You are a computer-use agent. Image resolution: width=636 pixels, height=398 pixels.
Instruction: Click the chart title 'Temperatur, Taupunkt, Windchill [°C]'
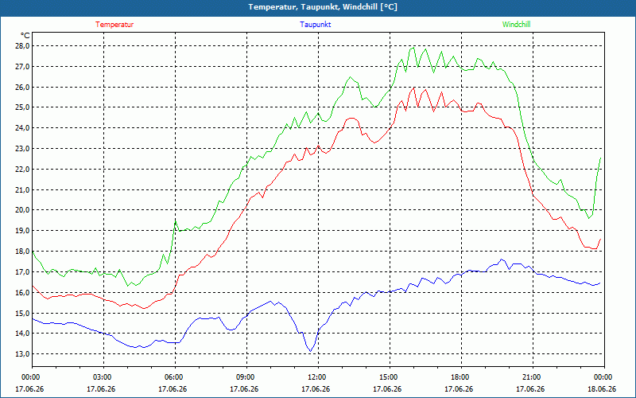pyautogui.click(x=323, y=7)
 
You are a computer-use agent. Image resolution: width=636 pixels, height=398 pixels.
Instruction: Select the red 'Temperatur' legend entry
pyautogui.click(x=114, y=25)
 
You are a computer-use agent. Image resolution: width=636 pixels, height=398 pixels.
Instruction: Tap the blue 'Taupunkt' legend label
pyautogui.click(x=315, y=25)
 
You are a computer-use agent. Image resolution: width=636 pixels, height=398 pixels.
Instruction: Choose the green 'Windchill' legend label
pyautogui.click(x=516, y=25)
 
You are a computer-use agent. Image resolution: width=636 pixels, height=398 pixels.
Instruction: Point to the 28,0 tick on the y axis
pyautogui.click(x=23, y=46)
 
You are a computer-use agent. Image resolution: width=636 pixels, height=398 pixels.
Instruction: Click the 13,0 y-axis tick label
pyautogui.click(x=23, y=353)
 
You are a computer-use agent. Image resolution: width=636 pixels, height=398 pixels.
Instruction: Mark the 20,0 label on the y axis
pyautogui.click(x=23, y=210)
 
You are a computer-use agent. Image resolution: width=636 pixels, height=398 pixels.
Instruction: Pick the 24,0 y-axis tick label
pyautogui.click(x=23, y=128)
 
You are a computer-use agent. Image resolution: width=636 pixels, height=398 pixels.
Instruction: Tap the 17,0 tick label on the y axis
pyautogui.click(x=23, y=271)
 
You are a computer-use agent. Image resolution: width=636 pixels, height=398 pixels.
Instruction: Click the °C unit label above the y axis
pyautogui.click(x=25, y=36)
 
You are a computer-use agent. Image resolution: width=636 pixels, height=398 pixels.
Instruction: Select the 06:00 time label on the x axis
pyautogui.click(x=175, y=377)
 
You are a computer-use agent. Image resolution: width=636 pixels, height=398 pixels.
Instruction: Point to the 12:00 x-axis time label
pyautogui.click(x=319, y=377)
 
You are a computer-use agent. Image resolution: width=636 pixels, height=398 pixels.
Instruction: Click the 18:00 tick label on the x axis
pyautogui.click(x=461, y=377)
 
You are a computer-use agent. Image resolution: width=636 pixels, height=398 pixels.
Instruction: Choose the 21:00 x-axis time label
pyautogui.click(x=533, y=377)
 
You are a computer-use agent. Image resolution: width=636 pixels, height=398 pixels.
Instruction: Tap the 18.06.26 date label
pyautogui.click(x=602, y=389)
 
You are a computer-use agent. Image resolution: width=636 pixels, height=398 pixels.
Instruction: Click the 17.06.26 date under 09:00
pyautogui.click(x=244, y=389)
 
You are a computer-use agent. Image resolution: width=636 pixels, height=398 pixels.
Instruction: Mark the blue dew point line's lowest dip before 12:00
pyautogui.click(x=311, y=351)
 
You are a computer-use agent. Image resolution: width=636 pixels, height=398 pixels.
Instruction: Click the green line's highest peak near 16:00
pyautogui.click(x=413, y=48)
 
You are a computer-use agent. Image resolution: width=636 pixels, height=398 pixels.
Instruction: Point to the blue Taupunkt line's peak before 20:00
pyautogui.click(x=502, y=259)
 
